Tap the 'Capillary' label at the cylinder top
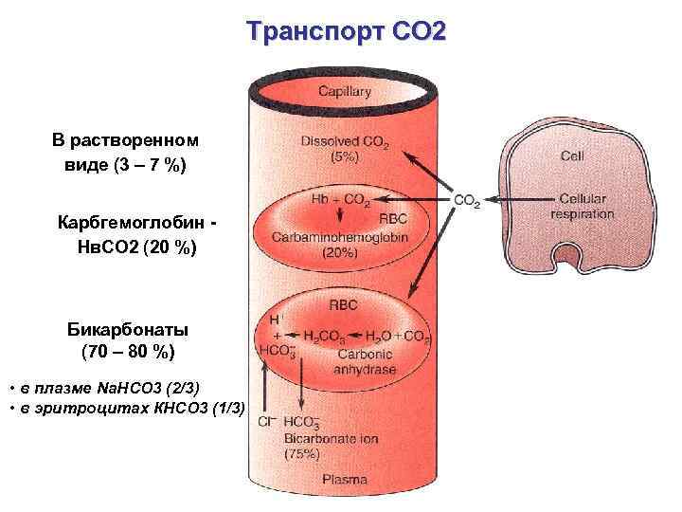coord(344,92)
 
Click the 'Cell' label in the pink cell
coord(572,155)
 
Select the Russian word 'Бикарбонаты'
coord(128,330)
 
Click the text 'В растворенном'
coord(125,140)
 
